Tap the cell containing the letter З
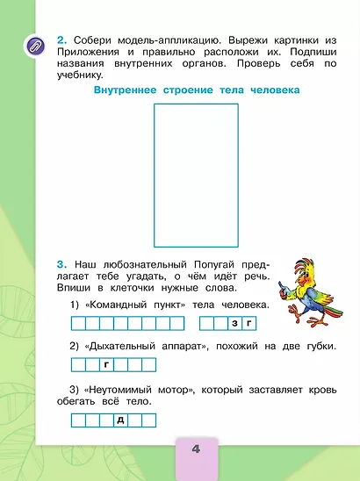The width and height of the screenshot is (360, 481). (x=235, y=324)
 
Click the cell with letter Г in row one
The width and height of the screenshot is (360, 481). (x=248, y=324)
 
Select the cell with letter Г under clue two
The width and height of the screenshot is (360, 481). (x=105, y=363)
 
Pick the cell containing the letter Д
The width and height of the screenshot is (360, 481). (x=119, y=420)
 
